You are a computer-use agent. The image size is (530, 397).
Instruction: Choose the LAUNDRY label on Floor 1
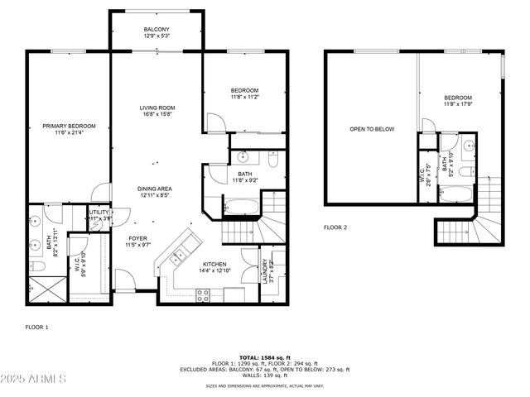pos(266,272)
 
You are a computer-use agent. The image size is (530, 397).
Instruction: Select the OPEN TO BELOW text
pos(372,129)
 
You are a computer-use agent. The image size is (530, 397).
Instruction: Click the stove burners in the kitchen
pos(202,295)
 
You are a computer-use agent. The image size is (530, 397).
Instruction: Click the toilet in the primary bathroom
pos(36,266)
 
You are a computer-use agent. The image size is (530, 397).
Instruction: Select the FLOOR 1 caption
pos(36,328)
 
